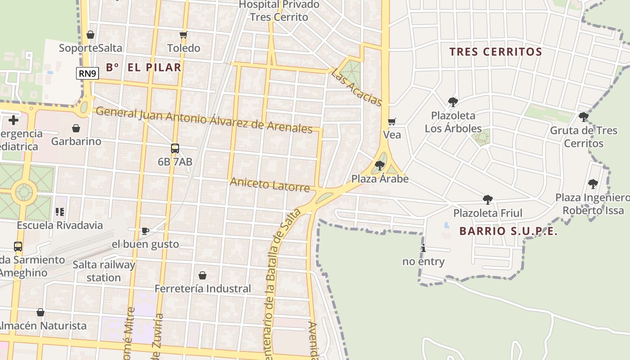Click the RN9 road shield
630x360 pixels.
coord(87,73)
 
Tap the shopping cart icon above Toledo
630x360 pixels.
coord(183,35)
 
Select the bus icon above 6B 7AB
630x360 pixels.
coord(175,148)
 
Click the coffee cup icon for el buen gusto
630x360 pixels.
coord(145,231)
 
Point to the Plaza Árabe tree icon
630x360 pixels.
coord(379,166)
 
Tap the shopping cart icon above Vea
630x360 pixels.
coord(391,121)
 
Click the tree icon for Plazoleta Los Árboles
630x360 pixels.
coord(453,102)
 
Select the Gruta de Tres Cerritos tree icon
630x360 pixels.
coord(583,117)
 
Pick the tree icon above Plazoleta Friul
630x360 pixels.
coord(487,200)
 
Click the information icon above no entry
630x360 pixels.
coord(423,248)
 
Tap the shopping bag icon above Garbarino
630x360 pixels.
coord(76,128)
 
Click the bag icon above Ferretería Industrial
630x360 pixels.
coord(202,275)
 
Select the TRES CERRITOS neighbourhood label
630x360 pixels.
coord(495,52)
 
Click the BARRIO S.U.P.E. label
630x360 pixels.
coord(508,232)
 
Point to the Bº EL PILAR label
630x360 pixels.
coord(144,68)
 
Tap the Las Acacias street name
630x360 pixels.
coord(357,87)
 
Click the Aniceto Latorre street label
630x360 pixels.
coord(270,184)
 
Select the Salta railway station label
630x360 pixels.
coord(103,271)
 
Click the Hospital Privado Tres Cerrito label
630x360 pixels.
coord(279,11)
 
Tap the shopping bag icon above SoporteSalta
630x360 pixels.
coord(90,35)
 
